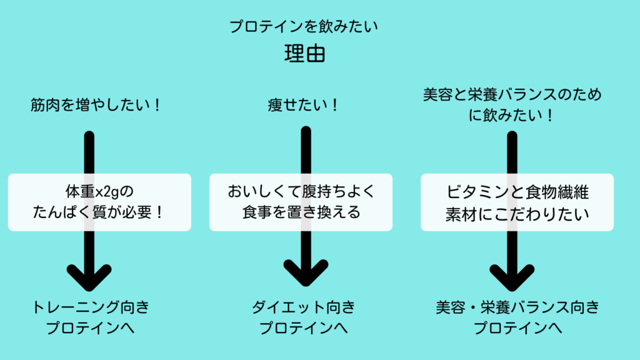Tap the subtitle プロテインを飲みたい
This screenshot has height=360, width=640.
click(304, 27)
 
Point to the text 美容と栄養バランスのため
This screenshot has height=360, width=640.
click(512, 94)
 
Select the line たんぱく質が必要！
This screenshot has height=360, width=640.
click(99, 212)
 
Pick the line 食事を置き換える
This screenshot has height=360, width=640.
click(301, 212)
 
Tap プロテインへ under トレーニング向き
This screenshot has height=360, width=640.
click(91, 327)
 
